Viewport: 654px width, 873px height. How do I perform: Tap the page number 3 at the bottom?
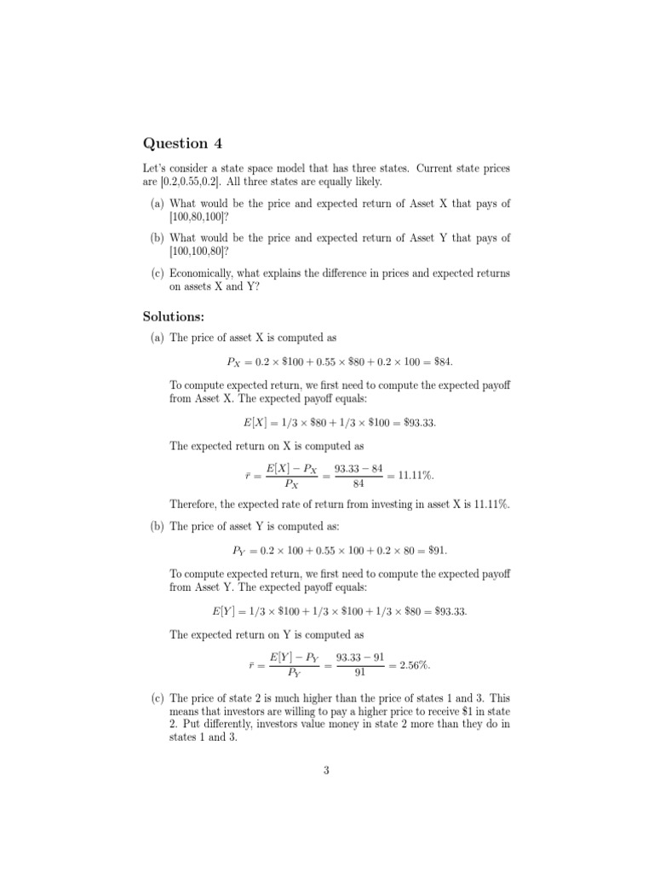[x=326, y=771]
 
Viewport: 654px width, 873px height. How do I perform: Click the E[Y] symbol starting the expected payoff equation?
[x=223, y=611]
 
